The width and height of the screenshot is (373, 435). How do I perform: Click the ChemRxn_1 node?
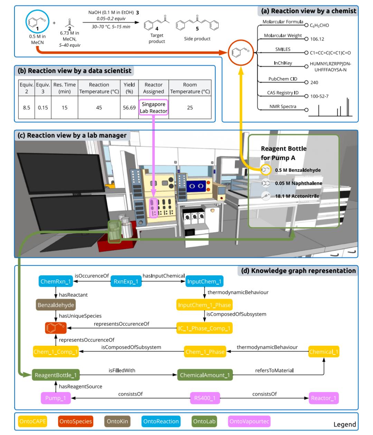(x=56, y=281)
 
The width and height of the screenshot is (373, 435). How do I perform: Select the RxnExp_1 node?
(x=126, y=281)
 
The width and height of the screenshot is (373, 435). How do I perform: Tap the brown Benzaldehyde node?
(x=56, y=305)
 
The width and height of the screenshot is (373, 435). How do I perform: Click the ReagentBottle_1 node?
(x=56, y=375)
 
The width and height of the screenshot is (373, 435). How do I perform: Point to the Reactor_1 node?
(x=323, y=398)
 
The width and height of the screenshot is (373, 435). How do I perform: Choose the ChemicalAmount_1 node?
(x=205, y=375)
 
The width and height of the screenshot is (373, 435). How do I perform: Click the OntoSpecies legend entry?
(x=76, y=421)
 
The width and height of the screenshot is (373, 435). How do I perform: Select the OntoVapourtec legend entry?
(x=249, y=421)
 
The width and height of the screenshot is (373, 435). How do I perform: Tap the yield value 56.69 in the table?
(x=129, y=108)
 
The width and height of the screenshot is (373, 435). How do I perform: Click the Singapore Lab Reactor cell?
(x=153, y=108)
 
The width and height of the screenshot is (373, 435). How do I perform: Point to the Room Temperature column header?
(x=190, y=88)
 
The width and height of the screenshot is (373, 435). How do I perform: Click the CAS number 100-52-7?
(x=319, y=96)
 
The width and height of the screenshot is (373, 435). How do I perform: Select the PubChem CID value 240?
(x=314, y=82)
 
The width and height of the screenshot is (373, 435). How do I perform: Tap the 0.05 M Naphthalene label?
(x=298, y=183)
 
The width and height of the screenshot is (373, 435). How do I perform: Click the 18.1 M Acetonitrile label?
(x=297, y=196)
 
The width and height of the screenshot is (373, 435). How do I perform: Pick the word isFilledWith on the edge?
(x=122, y=370)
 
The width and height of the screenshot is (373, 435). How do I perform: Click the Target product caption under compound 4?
(x=157, y=38)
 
